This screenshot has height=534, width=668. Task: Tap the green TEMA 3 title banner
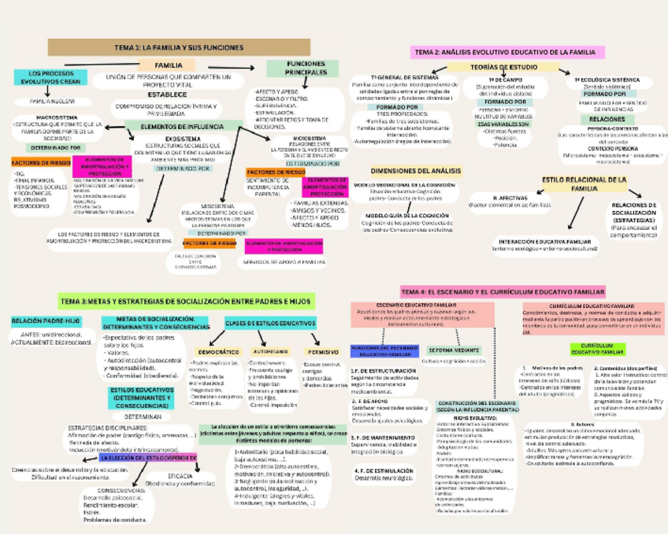point(186,301)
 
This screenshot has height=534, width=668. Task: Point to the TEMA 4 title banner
point(503,291)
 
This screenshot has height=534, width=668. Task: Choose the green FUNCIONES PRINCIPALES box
point(302,68)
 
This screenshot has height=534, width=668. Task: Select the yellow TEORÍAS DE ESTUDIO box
point(493,68)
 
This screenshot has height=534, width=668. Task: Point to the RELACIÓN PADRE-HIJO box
point(46,321)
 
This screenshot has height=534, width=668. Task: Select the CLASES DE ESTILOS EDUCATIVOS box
point(270,323)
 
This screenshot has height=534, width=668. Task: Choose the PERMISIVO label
point(324,352)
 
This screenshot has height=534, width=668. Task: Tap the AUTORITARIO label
point(270,352)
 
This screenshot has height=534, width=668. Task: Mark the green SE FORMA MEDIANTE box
point(453,350)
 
